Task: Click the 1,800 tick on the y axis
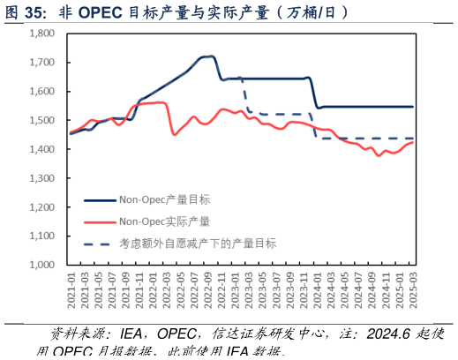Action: click(41, 34)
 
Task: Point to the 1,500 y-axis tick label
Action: click(41, 120)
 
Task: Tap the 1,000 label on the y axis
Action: click(41, 265)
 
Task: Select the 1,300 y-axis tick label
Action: click(41, 178)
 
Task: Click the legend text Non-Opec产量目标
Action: click(164, 199)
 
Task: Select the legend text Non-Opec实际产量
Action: click(164, 221)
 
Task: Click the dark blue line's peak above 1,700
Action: click(208, 56)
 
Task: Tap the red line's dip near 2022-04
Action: click(175, 134)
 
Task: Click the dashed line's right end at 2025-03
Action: click(412, 139)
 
